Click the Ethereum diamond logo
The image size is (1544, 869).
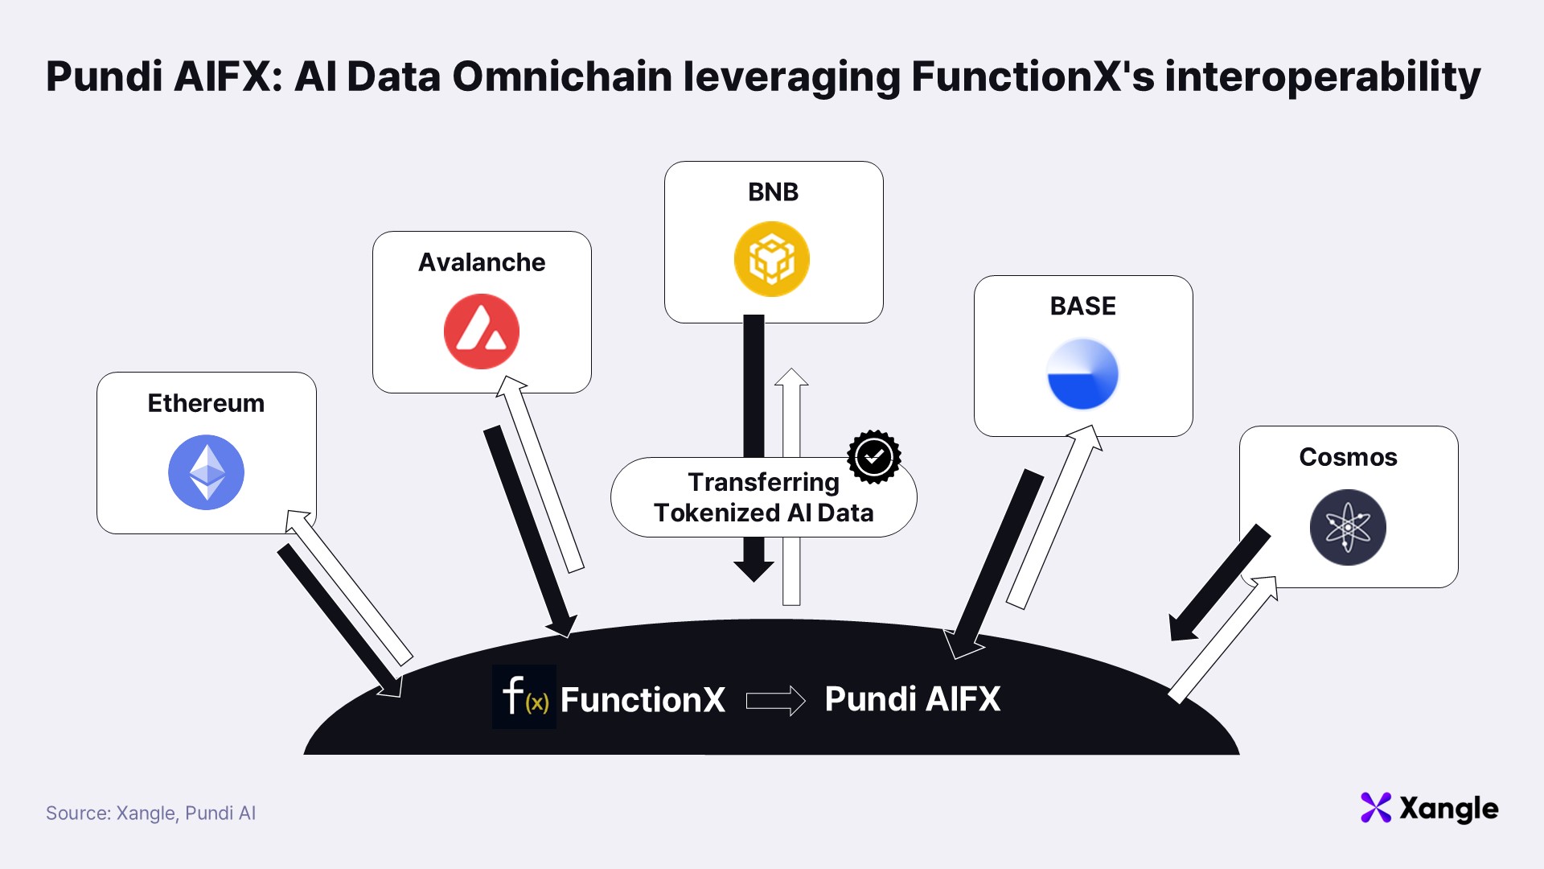[x=206, y=472]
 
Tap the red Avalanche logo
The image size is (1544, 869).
[x=482, y=332]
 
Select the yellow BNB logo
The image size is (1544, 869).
[x=772, y=259]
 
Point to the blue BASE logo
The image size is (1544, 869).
[x=1082, y=374]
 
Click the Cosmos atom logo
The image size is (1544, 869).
[x=1348, y=527]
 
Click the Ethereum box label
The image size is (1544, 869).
[x=206, y=403]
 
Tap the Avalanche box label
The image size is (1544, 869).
[x=482, y=262]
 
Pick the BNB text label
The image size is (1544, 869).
[x=774, y=192]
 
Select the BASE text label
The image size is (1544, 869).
[x=1083, y=307]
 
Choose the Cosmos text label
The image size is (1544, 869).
[x=1349, y=457]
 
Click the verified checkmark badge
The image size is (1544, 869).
[x=874, y=457]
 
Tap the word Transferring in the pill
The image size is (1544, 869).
[x=764, y=483]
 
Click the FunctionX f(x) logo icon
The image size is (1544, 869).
[x=524, y=697]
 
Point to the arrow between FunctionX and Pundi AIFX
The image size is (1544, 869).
[x=776, y=701]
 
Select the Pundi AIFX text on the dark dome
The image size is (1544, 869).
[x=913, y=699]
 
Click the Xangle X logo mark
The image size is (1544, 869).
[x=1376, y=808]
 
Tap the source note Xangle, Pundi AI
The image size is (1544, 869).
[x=186, y=813]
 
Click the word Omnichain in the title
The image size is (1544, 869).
[x=562, y=77]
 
